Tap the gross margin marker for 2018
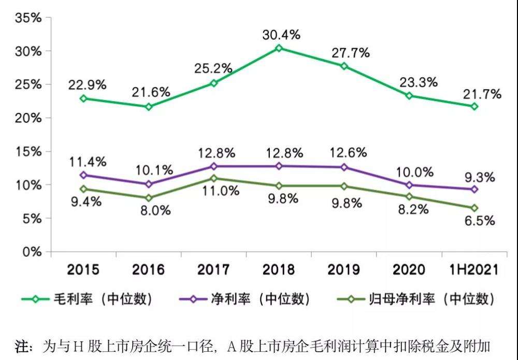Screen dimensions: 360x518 [279, 48]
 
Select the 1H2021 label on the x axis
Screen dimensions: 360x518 [474, 269]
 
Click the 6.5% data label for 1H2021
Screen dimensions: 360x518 [478, 220]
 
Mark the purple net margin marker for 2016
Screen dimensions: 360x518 [149, 184]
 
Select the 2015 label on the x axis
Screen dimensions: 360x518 [83, 269]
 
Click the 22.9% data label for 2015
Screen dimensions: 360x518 [87, 85]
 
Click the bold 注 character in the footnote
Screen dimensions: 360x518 [24, 346]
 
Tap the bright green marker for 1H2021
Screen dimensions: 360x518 [474, 106]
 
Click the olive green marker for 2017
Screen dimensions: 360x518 [213, 178]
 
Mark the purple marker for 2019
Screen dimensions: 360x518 [344, 167]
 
